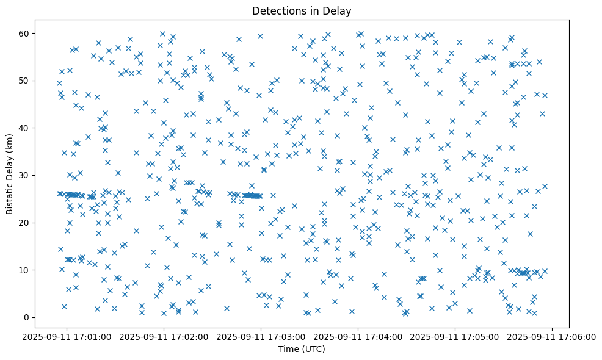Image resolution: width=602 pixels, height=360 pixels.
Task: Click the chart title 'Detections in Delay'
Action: tap(302, 10)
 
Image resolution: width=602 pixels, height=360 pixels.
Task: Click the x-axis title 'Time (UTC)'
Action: tap(302, 349)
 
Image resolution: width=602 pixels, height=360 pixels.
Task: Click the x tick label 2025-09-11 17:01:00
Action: tap(67, 336)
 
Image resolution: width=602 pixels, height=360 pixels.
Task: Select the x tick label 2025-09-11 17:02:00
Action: tap(164, 336)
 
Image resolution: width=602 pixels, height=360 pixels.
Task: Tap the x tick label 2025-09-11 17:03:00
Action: tap(261, 336)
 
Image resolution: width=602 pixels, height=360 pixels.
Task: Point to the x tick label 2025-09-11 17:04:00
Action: tap(358, 336)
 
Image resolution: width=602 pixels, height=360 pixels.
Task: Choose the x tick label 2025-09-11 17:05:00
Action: tap(455, 336)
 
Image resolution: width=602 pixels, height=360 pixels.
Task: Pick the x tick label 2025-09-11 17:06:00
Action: tap(553, 336)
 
